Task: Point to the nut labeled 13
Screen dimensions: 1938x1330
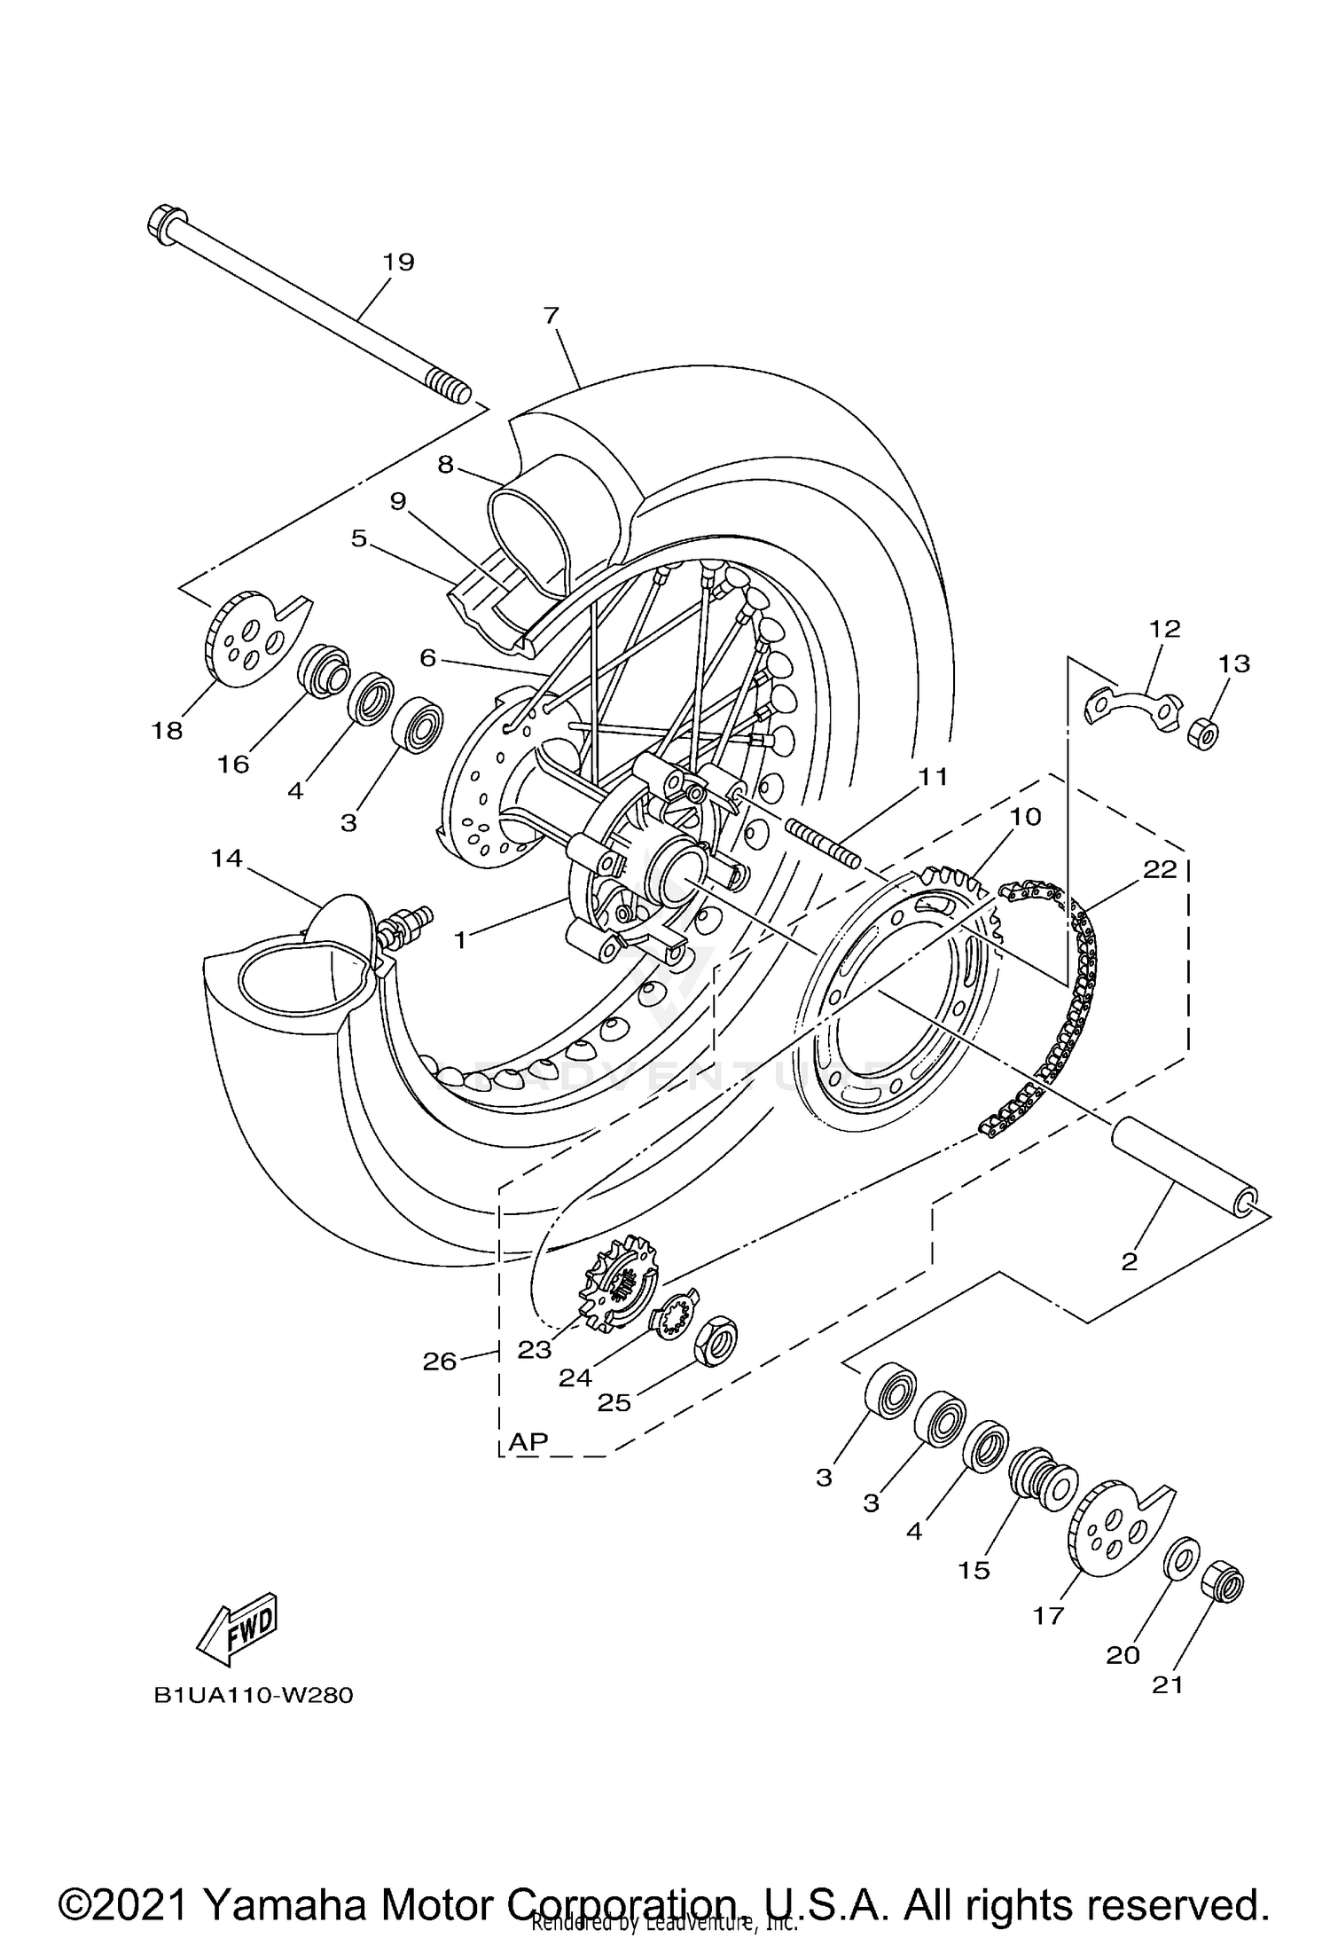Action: [1204, 734]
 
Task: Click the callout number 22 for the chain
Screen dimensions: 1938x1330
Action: [1160, 869]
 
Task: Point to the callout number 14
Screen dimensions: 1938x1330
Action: [226, 859]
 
